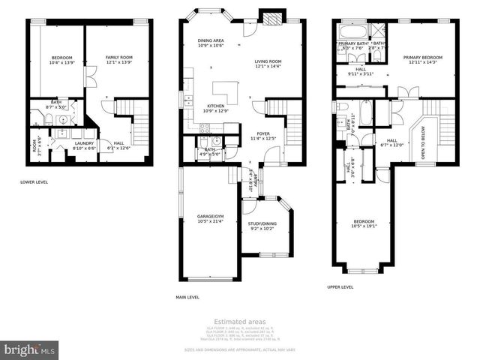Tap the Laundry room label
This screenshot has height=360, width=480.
pos(85,145)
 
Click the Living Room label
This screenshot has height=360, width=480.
pos(268,63)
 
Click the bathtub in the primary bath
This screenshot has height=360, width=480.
pos(350,32)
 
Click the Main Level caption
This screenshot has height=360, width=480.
pos(187,298)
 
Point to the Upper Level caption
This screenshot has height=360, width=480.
pos(340,286)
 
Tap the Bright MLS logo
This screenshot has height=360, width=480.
pos(30,349)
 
